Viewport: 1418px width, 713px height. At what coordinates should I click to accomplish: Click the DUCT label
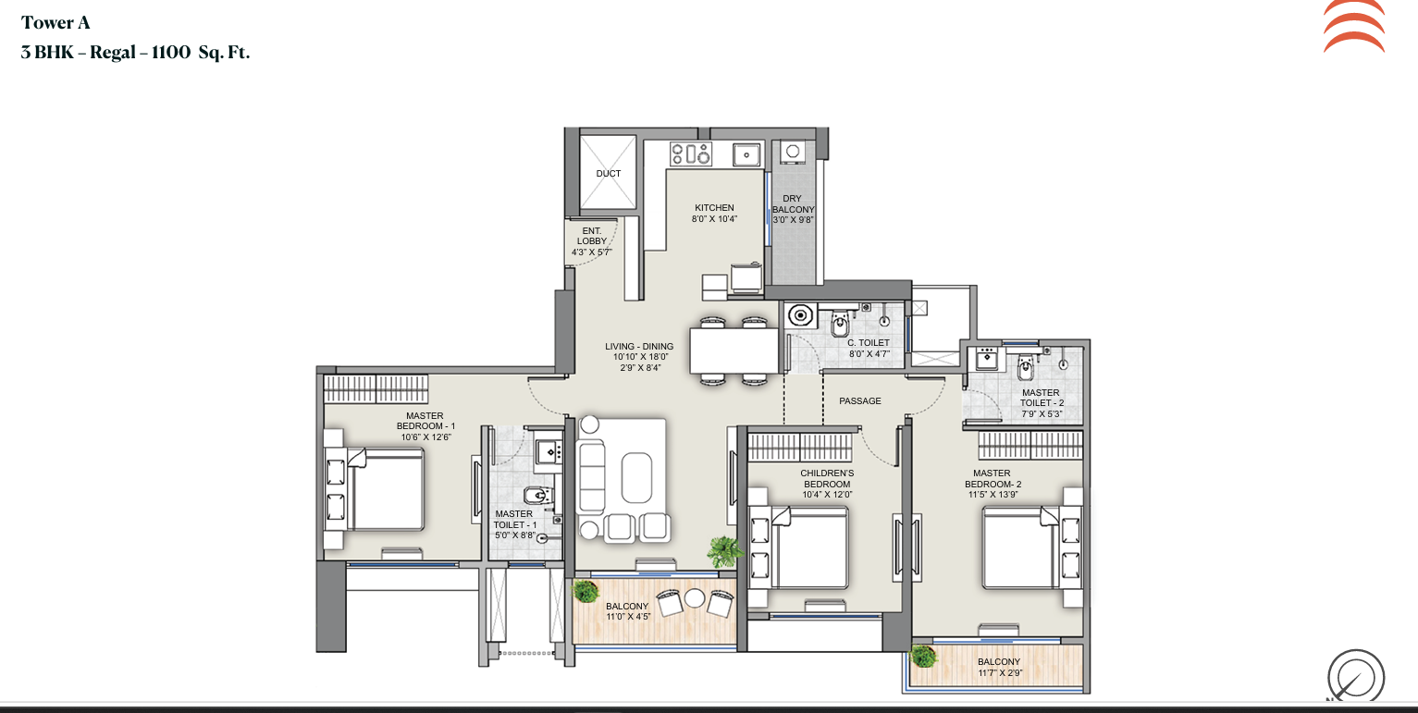pos(608,173)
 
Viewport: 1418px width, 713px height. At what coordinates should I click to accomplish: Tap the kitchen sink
pos(746,154)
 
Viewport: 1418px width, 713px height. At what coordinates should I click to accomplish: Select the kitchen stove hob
pos(691,154)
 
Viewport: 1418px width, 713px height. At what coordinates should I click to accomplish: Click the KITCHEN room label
pos(714,207)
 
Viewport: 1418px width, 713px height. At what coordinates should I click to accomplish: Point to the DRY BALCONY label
pos(793,203)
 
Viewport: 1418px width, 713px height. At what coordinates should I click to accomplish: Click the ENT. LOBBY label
pos(592,236)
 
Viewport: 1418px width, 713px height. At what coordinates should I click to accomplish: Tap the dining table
pos(734,350)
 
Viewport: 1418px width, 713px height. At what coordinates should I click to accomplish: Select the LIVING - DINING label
pos(639,346)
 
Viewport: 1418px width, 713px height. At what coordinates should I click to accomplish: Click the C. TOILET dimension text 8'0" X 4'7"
pos(869,353)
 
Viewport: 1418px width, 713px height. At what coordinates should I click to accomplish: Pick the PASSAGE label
pos(859,400)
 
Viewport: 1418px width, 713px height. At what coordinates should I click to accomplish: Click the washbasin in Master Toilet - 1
pos(549,451)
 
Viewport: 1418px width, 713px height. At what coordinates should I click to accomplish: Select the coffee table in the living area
pos(636,478)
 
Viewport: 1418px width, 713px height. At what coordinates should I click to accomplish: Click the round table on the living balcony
pos(695,597)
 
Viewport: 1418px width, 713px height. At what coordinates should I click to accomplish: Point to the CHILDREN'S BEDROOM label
pos(827,478)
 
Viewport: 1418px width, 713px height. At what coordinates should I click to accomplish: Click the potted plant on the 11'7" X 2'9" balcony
pos(922,656)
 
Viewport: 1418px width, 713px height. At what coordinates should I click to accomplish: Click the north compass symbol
pos(1355,676)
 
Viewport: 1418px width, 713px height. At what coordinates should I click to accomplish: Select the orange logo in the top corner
pos(1354,27)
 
